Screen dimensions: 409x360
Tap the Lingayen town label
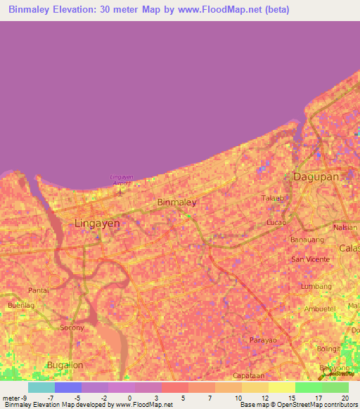(x=97, y=223)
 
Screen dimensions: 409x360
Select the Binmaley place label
(x=176, y=202)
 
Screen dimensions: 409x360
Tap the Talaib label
(x=273, y=198)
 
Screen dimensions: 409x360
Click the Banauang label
(x=307, y=239)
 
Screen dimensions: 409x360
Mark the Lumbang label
(x=316, y=287)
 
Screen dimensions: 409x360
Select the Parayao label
(x=264, y=340)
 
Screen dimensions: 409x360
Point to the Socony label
(x=72, y=327)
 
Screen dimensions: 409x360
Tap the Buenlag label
(x=20, y=306)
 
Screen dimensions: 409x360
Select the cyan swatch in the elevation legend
(x=41, y=387)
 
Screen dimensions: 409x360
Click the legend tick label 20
(x=344, y=397)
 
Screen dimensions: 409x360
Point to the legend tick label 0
(x=129, y=397)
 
